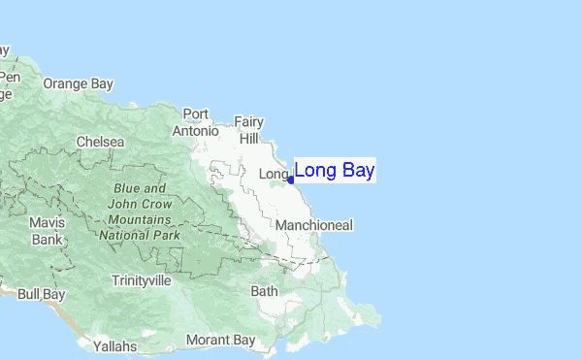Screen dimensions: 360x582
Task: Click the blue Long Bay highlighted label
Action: (x=335, y=171)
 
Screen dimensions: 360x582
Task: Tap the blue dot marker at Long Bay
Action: (x=291, y=180)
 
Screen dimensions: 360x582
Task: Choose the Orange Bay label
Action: (x=78, y=83)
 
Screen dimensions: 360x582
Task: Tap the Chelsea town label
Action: (x=101, y=142)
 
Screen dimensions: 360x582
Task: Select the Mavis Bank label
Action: (x=47, y=230)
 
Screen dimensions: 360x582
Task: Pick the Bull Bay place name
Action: (x=42, y=293)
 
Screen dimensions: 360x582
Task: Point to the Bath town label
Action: (x=264, y=290)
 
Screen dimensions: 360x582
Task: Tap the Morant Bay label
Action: (x=220, y=340)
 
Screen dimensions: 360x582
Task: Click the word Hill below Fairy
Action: (x=249, y=139)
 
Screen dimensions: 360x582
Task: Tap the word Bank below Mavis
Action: (x=47, y=239)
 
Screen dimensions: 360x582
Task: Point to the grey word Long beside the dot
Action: (x=275, y=174)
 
